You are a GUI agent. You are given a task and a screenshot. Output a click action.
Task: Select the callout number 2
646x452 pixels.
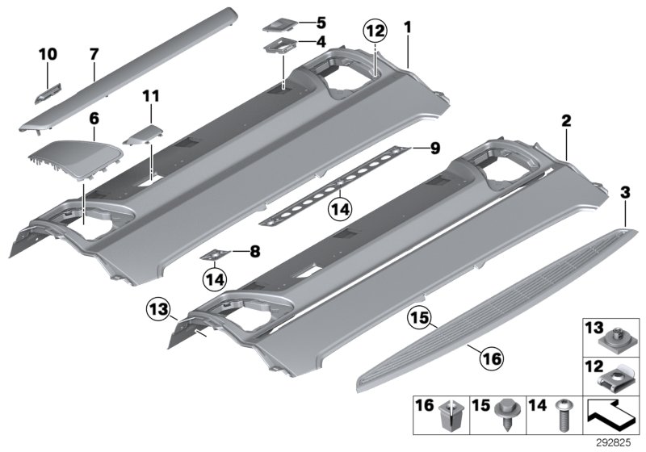(x=566, y=120)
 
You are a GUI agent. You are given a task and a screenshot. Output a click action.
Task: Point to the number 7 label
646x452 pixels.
(x=94, y=54)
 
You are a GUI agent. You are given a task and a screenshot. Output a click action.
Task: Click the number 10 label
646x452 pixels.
(x=48, y=54)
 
